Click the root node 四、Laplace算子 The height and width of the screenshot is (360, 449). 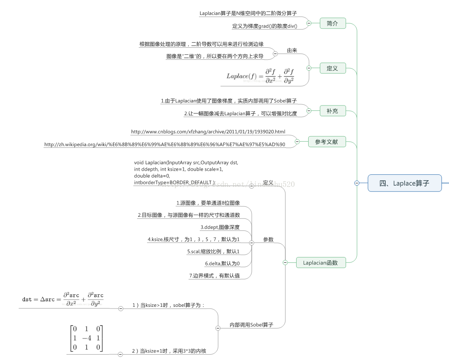405,183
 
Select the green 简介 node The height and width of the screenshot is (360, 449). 333,23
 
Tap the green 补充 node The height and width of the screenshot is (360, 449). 333,111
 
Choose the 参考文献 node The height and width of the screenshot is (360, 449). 327,142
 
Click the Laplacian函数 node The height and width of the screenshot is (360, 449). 320,262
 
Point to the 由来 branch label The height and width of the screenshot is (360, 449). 292,50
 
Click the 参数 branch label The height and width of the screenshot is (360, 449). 268,240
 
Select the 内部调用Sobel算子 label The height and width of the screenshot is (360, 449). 251,325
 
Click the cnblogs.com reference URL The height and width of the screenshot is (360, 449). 208,132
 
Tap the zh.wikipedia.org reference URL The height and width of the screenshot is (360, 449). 164,144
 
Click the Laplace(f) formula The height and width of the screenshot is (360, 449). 260,76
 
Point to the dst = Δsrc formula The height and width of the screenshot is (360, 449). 63,299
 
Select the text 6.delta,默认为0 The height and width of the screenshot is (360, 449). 222,263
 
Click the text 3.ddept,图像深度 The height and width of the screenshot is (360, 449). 220,227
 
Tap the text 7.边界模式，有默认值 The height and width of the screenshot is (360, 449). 214,275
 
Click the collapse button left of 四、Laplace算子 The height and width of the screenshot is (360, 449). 357,183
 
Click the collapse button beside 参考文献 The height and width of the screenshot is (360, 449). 297,142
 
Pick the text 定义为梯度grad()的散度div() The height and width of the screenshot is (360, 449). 267,26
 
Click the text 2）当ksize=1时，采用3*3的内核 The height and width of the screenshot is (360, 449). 169,351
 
